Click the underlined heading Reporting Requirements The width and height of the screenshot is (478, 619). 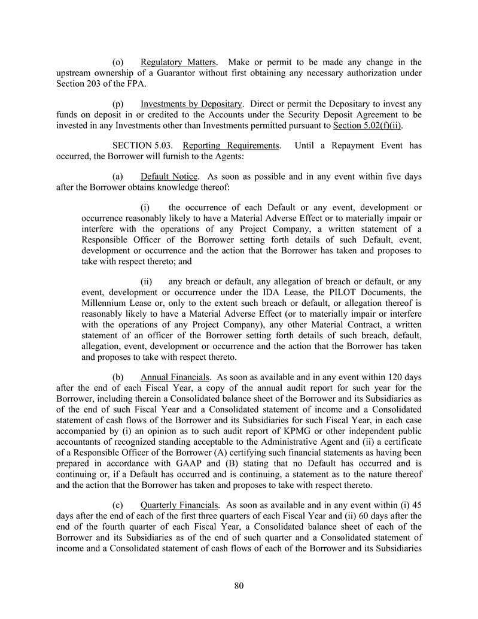pos(230,146)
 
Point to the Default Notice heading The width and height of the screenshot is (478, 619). pos(169,177)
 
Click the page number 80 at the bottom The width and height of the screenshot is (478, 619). pos(239,585)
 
